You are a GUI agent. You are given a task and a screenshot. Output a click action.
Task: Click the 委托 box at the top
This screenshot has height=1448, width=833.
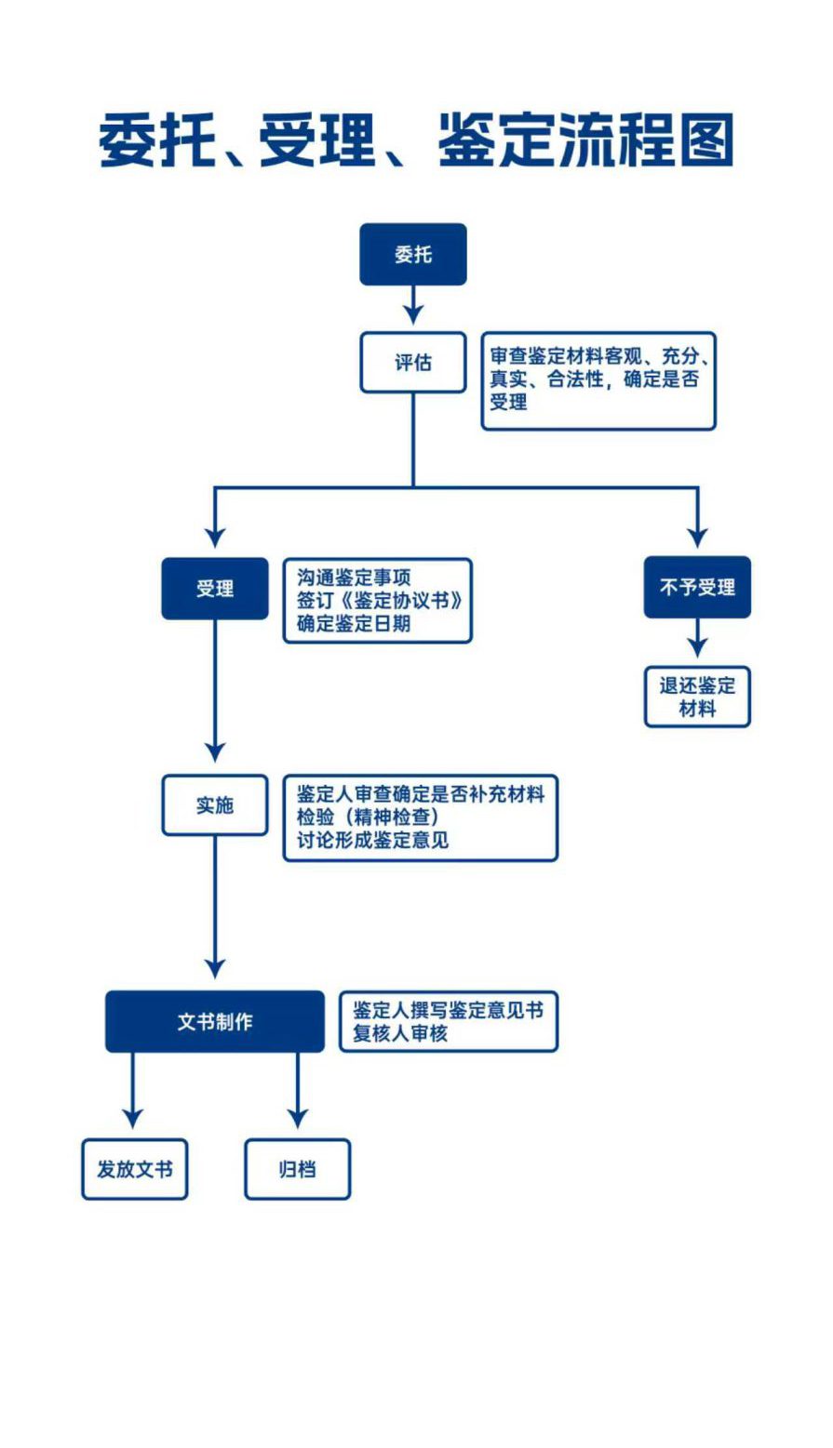tap(412, 254)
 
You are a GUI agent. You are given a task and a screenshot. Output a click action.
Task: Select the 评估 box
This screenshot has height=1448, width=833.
tap(412, 362)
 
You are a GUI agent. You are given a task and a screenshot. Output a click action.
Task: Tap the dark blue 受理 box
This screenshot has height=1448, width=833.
tap(215, 588)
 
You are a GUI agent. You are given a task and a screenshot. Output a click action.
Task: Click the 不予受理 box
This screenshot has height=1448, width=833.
tap(697, 587)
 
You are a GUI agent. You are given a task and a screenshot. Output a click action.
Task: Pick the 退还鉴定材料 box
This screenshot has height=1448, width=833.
tap(697, 697)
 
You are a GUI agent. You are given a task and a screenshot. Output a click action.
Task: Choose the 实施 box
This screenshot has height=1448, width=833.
tap(215, 804)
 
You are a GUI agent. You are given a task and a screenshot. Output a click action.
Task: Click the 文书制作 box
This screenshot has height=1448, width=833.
tap(215, 1021)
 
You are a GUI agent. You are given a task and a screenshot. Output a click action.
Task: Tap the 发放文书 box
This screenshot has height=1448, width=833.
tap(134, 1169)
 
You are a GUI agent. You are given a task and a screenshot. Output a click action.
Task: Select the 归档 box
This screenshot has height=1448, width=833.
tap(297, 1169)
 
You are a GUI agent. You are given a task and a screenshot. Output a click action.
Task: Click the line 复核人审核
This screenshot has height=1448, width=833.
tap(400, 1033)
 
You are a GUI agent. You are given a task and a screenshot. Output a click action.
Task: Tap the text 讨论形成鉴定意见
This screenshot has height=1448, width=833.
tap(372, 840)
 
